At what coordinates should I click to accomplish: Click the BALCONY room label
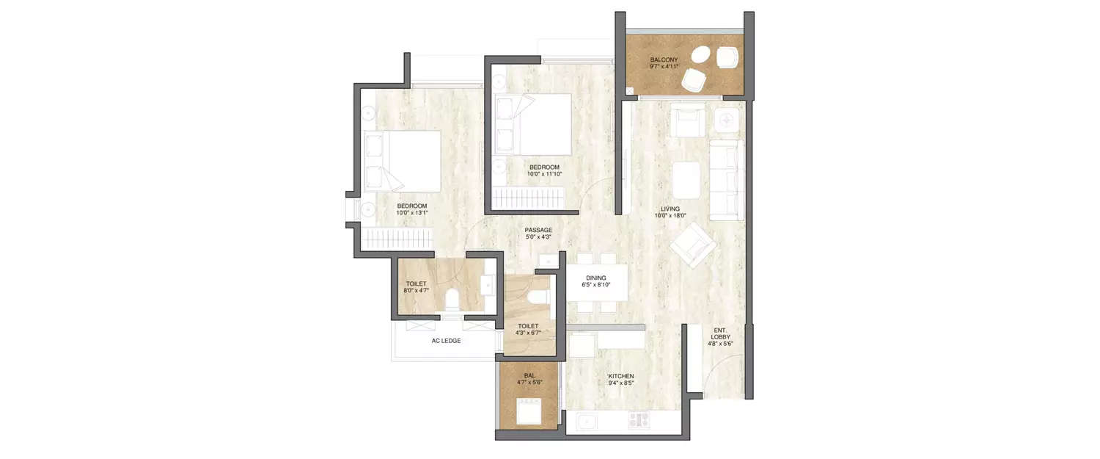663,59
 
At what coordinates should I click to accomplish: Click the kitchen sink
585,422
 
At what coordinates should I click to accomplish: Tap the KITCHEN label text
620,376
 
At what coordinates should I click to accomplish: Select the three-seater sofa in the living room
726,180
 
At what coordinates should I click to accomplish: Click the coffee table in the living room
687,180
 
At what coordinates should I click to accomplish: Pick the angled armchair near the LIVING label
692,246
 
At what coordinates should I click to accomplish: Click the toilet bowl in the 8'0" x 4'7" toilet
452,300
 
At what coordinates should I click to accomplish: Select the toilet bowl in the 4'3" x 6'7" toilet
539,295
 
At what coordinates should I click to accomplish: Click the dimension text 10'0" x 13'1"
411,212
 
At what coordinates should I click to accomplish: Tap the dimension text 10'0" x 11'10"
545,174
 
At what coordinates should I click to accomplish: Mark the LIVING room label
670,209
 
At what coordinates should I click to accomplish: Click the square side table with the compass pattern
727,120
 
